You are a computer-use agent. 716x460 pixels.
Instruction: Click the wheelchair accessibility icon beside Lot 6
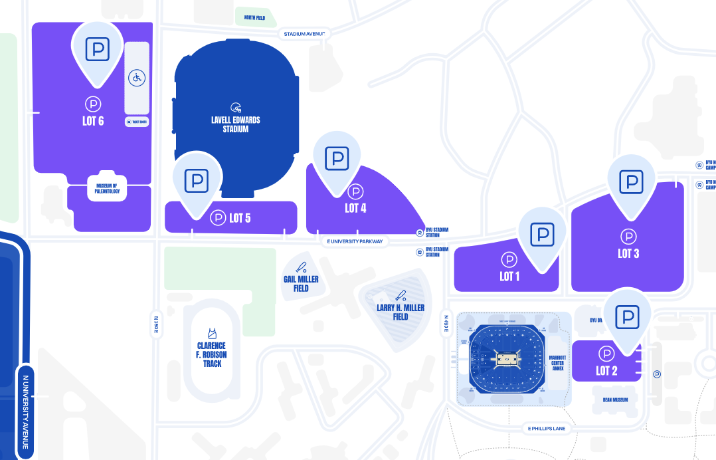[137, 78]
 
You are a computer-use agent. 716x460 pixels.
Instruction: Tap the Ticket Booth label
[137, 122]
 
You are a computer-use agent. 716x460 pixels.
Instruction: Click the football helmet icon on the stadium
[236, 107]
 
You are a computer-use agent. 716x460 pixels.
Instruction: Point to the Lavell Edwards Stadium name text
[236, 124]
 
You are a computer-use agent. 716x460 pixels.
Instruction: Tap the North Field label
[254, 18]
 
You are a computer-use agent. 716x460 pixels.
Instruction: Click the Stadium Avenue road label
[304, 33]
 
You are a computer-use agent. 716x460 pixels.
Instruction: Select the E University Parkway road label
[355, 241]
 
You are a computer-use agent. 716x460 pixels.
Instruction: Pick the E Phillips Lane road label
[547, 428]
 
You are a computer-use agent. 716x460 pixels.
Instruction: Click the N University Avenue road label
[27, 406]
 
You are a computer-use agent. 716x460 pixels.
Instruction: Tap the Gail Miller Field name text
[301, 284]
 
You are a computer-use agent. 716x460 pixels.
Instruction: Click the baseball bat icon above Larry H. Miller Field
[401, 294]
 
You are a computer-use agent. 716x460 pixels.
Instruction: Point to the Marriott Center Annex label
[557, 363]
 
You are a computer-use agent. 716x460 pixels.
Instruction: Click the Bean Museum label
[615, 400]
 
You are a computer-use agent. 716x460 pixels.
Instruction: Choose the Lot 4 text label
[355, 208]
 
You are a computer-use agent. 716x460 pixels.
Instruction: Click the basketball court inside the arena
[507, 360]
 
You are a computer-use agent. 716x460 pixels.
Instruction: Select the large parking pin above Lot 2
[627, 317]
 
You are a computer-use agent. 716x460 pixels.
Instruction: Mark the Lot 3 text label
[628, 253]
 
